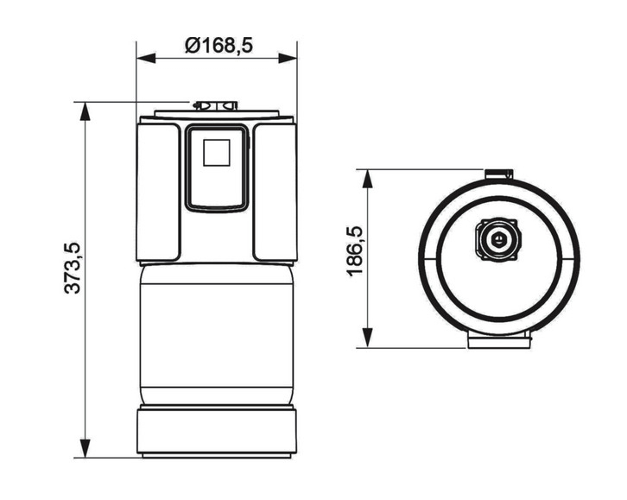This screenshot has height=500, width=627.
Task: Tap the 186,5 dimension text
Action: (x=355, y=251)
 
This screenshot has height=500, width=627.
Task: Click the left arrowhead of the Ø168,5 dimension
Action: (x=144, y=59)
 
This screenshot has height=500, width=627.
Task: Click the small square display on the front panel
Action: (x=216, y=153)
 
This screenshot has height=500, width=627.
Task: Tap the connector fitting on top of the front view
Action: (x=215, y=106)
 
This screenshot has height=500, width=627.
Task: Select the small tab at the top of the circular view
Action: (x=497, y=174)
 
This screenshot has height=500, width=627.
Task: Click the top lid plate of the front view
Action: (x=217, y=115)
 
